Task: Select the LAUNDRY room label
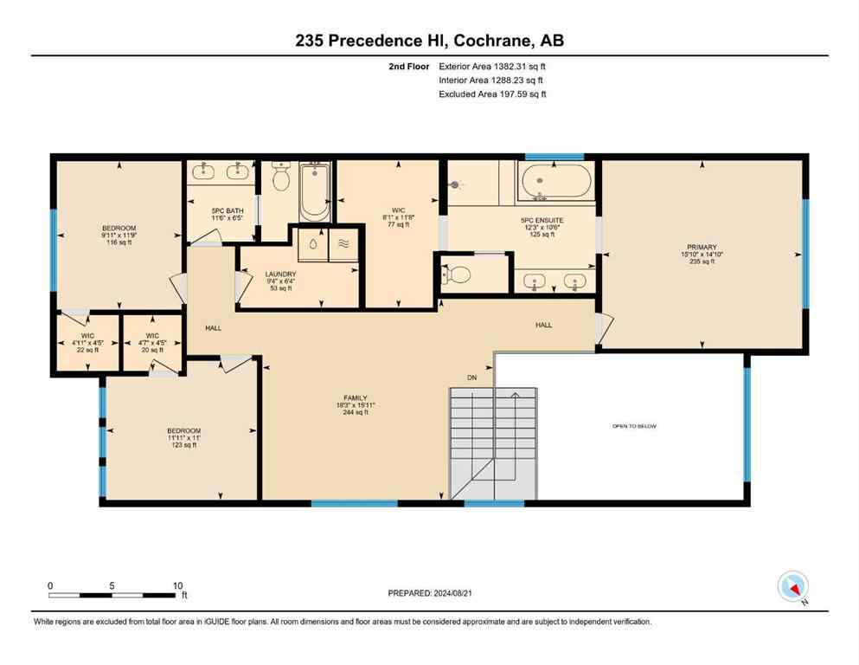(280, 274)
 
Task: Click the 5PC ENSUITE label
(542, 221)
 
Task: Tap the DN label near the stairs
(471, 377)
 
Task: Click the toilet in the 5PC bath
(280, 178)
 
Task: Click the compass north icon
(792, 586)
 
